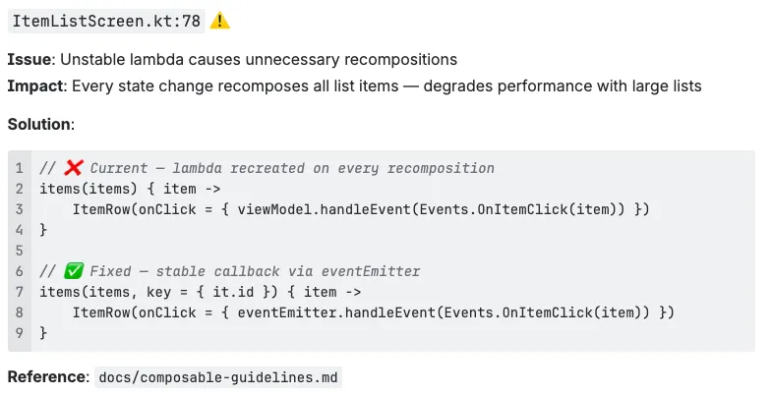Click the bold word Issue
27,60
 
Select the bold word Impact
34,85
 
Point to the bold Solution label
39,125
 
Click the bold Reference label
45,377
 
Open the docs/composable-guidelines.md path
219,377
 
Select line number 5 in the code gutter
19,251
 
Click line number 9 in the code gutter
19,333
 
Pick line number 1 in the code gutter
19,168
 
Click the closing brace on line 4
43,230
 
